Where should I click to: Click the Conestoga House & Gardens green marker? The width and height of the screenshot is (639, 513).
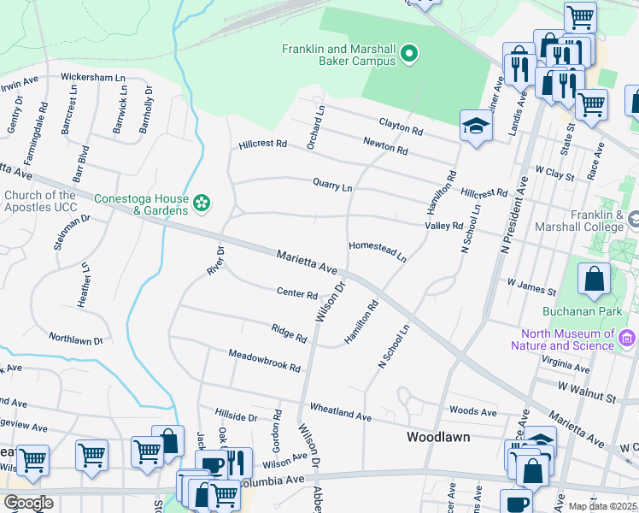(x=202, y=203)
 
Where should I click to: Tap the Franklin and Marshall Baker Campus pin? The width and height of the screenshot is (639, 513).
(x=408, y=55)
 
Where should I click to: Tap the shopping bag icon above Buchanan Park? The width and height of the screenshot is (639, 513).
(x=594, y=279)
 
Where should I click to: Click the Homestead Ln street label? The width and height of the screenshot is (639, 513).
(x=377, y=251)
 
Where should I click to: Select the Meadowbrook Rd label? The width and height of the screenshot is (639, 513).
(x=264, y=360)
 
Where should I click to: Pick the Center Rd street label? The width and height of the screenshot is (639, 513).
(x=297, y=293)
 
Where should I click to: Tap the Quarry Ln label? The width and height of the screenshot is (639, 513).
(x=332, y=185)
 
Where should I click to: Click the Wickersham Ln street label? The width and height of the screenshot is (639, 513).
(x=95, y=77)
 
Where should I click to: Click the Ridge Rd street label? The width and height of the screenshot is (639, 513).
(x=289, y=332)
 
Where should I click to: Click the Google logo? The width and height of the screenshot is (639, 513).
(x=28, y=503)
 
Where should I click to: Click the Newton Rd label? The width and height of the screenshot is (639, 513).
(x=385, y=146)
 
